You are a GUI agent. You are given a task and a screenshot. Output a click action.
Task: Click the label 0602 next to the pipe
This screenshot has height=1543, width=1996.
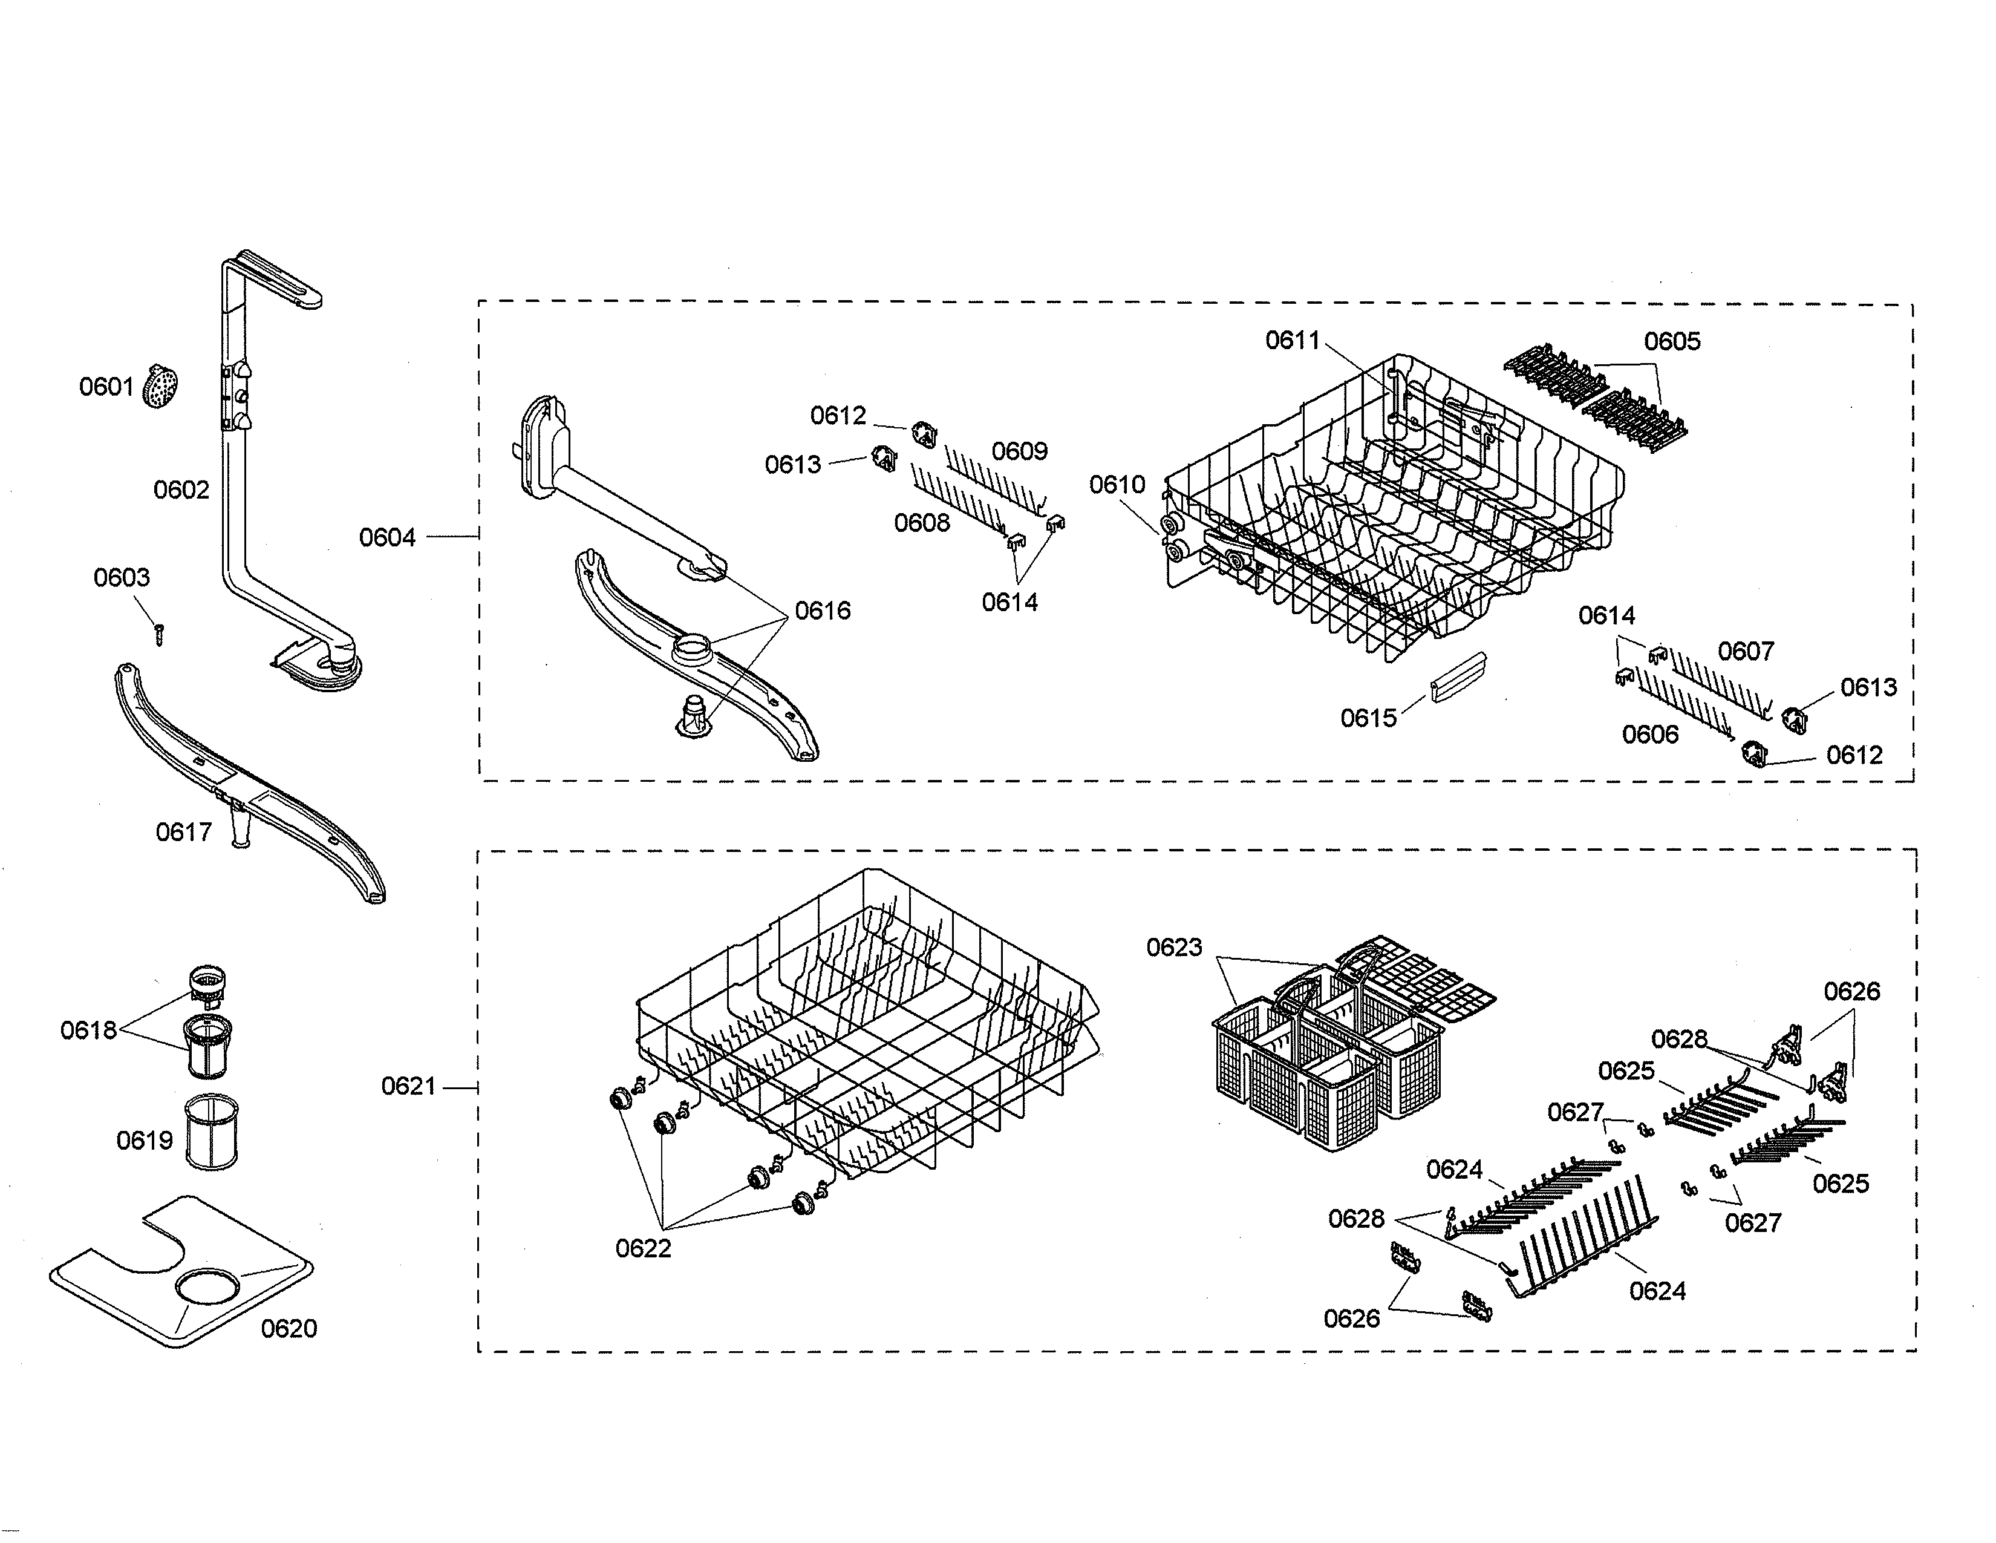pyautogui.click(x=181, y=491)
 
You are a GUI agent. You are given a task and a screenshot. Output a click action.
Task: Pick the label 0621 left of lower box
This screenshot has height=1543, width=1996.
pyautogui.click(x=408, y=1087)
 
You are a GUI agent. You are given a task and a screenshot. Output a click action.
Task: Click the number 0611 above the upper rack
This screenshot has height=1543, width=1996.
pyautogui.click(x=1293, y=341)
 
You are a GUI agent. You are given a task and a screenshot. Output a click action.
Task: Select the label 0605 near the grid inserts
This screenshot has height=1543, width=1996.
pyautogui.click(x=1672, y=342)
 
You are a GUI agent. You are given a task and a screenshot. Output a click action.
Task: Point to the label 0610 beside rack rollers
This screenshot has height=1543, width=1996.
pyautogui.click(x=1117, y=485)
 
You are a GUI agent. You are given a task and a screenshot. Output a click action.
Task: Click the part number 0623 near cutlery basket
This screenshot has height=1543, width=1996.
pyautogui.click(x=1175, y=948)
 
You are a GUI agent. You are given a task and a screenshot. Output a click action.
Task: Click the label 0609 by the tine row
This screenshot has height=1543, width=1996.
pyautogui.click(x=1019, y=451)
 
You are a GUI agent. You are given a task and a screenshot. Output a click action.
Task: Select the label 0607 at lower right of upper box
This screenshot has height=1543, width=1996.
pyautogui.click(x=1746, y=652)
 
